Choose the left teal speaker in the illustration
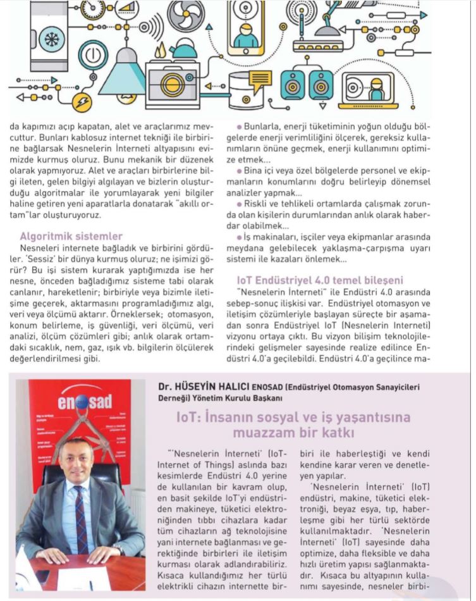pyautogui.click(x=293, y=84)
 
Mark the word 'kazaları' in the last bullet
pyautogui.click(x=297, y=258)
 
